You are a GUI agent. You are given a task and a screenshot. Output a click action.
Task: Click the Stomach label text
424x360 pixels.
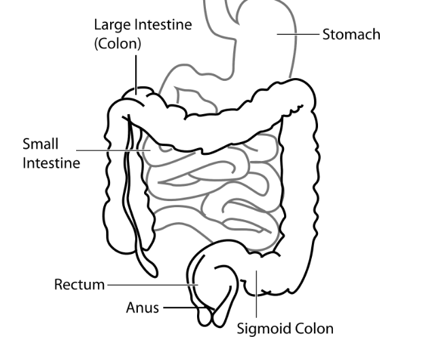pos(351,34)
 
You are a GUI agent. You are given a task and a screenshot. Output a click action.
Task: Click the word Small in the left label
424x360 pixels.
pos(41,144)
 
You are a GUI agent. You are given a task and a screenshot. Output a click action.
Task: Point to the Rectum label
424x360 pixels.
pos(79,284)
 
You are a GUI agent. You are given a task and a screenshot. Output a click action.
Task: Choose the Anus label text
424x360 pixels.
pos(143,308)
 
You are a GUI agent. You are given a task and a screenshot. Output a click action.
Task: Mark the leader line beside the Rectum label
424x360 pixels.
pos(149,284)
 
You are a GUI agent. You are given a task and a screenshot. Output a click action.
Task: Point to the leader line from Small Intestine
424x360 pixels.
pos(112,149)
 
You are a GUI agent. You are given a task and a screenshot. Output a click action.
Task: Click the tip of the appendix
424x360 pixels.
pos(153,271)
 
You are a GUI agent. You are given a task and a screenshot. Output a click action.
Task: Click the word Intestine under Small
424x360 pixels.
pos(51,163)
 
